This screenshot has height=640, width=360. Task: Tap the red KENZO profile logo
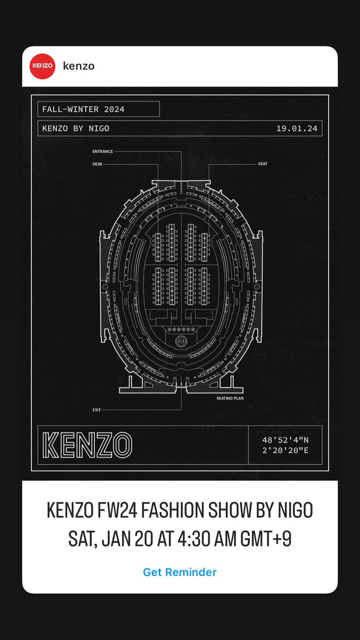click(x=42, y=66)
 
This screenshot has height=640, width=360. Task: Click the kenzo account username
click(x=78, y=66)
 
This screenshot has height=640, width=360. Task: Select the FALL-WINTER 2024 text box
click(x=98, y=109)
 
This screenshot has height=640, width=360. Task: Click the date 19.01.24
click(x=297, y=129)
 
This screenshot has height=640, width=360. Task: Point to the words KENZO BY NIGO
click(x=76, y=129)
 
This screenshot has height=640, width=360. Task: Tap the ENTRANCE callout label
click(x=102, y=151)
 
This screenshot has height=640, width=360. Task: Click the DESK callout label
click(x=97, y=164)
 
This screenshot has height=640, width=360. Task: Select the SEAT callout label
click(x=262, y=164)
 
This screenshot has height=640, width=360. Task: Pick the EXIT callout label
click(x=97, y=410)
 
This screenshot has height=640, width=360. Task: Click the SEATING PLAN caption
click(x=230, y=398)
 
